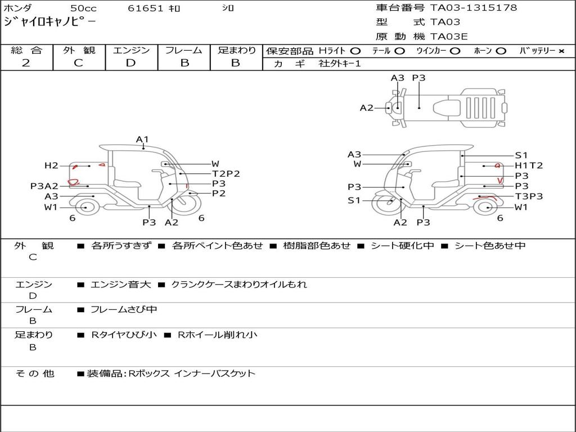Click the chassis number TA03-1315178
474,8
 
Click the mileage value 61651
146,8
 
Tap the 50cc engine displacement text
83,8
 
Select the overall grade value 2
26,63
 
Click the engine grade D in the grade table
130,63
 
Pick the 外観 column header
79,50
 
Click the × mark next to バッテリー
561,51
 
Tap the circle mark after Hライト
355,51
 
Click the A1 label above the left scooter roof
142,139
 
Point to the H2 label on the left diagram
51,165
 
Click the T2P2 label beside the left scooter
226,174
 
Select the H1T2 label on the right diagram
529,165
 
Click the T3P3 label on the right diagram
529,196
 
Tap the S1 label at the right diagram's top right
521,155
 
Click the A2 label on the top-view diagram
367,107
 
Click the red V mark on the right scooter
500,180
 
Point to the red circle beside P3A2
73,182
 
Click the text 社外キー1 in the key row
340,64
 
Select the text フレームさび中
124,309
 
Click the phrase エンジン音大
120,285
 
